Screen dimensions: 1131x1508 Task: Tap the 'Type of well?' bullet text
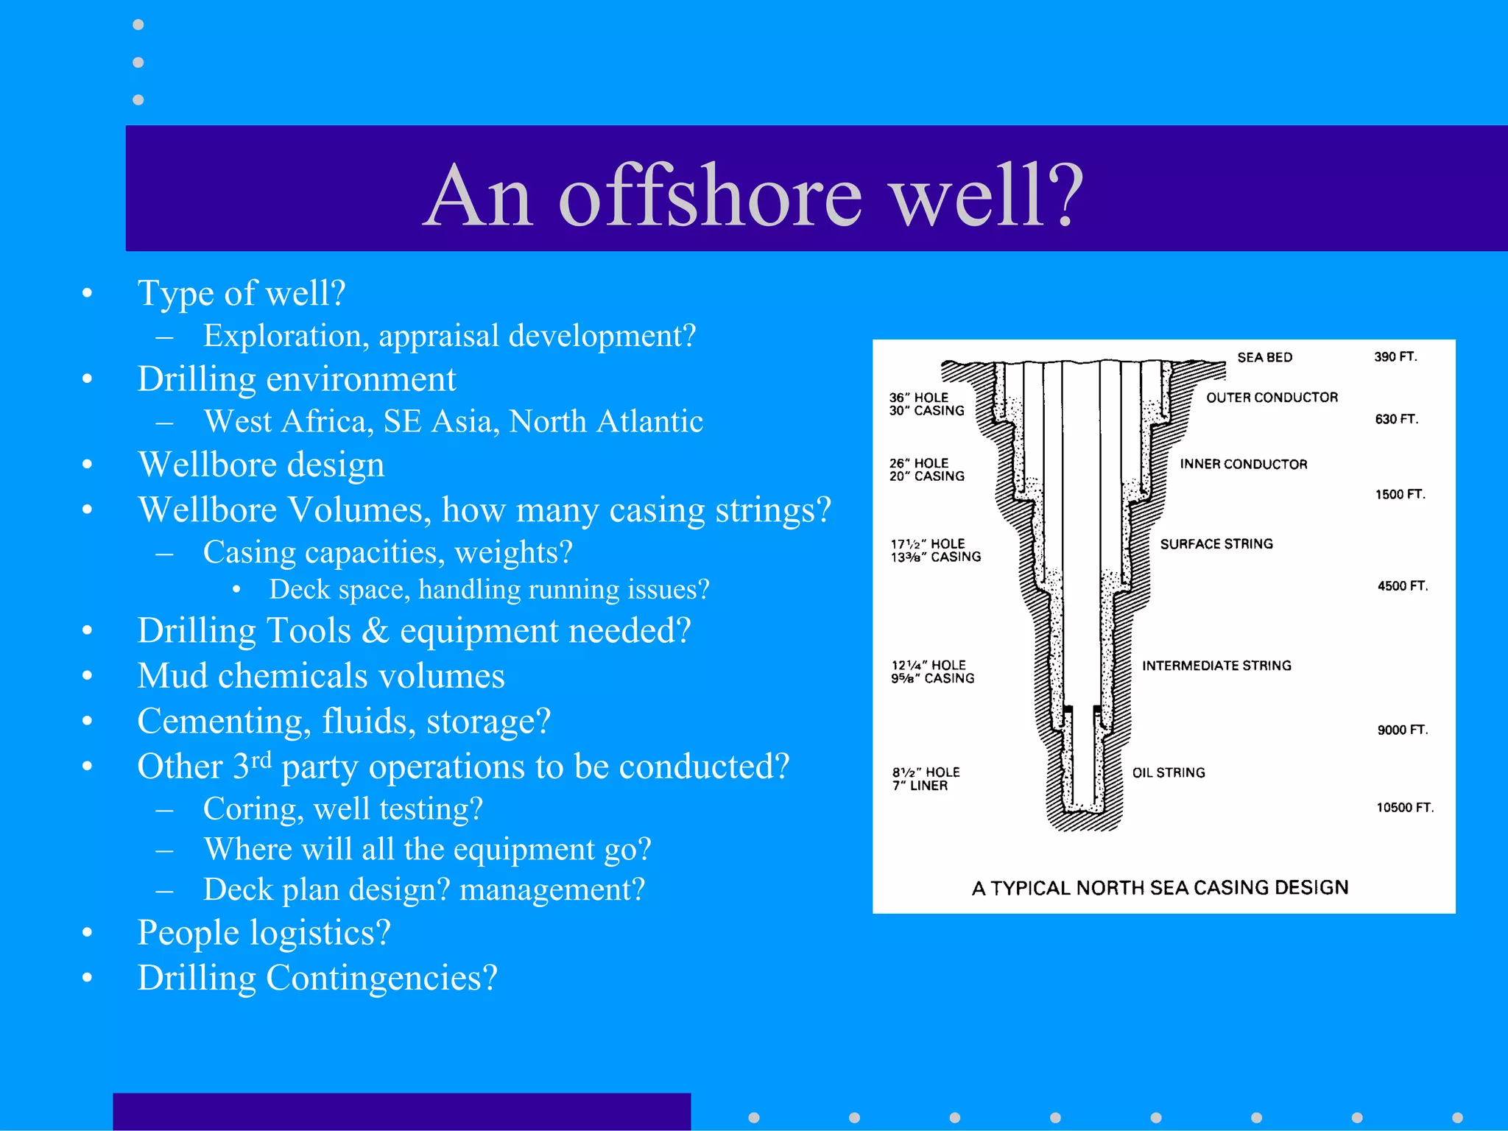(242, 293)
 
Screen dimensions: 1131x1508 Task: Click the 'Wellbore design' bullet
(261, 465)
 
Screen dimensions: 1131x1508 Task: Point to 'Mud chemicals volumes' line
(321, 676)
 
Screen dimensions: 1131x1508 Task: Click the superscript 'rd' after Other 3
(261, 758)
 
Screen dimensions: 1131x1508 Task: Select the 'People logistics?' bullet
(264, 933)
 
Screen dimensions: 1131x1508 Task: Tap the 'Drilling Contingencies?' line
(317, 979)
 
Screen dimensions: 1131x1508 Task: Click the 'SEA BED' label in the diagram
(1264, 357)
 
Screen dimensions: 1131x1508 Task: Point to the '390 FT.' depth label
(1395, 357)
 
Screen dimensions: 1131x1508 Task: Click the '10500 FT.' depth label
(1405, 808)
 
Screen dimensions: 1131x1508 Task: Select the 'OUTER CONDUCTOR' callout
(1272, 398)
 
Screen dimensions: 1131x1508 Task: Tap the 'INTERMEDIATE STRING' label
(1216, 666)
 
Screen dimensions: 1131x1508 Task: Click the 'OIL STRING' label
(1169, 772)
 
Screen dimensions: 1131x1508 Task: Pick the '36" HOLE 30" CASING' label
(926, 404)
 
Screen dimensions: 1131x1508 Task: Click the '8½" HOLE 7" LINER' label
(926, 779)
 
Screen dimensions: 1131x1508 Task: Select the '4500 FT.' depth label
(1403, 586)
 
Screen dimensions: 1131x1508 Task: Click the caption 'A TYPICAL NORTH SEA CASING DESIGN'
(1160, 888)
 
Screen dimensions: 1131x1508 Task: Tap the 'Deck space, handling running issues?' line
(489, 590)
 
